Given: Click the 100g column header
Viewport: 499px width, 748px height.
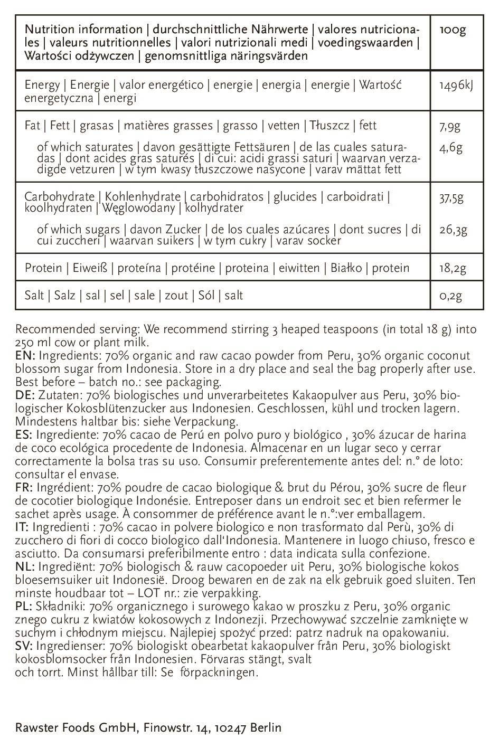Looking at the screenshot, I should tap(453, 30).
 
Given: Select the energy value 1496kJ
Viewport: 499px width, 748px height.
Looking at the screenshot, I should tap(456, 85).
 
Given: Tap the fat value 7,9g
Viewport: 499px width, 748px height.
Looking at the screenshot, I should tap(450, 126).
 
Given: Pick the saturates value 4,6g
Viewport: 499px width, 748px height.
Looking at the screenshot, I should tap(450, 147).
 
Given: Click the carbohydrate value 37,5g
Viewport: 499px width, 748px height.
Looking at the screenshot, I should tap(451, 197).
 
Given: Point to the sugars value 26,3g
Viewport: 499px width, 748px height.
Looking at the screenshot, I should tap(453, 230).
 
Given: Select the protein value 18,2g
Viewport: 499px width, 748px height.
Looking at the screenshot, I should tap(453, 268).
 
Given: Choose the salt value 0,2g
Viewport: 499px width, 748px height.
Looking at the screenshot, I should tap(450, 296).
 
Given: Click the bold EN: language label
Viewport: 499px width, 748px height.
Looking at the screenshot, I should tap(25, 355).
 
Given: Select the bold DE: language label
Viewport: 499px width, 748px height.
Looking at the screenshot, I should tap(25, 395).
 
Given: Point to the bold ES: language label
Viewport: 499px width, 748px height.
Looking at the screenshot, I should tap(24, 435).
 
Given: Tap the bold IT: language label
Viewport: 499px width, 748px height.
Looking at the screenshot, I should tap(23, 527).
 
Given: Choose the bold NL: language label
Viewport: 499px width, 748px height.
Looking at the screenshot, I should tap(25, 567).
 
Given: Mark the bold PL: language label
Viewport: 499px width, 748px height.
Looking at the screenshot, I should tap(24, 607).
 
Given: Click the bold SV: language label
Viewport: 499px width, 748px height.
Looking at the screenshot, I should tap(25, 646).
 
